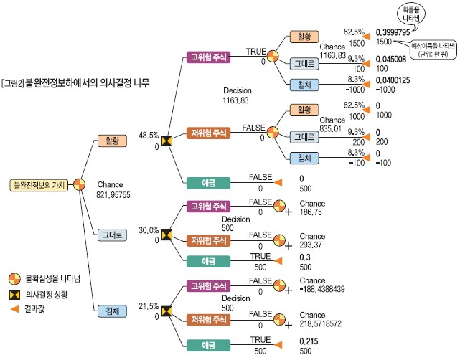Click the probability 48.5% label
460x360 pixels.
tap(149, 134)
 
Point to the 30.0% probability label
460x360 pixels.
tap(149, 229)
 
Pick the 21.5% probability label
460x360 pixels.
tap(149, 305)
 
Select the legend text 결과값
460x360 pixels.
tap(35, 309)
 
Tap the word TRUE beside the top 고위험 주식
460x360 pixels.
tap(255, 52)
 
